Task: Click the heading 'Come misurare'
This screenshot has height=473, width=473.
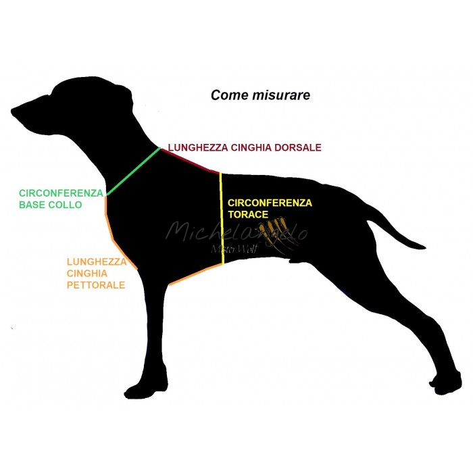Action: pos(260,95)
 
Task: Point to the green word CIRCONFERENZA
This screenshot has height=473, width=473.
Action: pos(60,193)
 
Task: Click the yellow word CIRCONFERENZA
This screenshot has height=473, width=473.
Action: pos(270,203)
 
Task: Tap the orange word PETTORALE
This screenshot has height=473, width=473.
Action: pos(95,285)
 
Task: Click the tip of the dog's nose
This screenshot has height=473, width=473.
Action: pos(14,109)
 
